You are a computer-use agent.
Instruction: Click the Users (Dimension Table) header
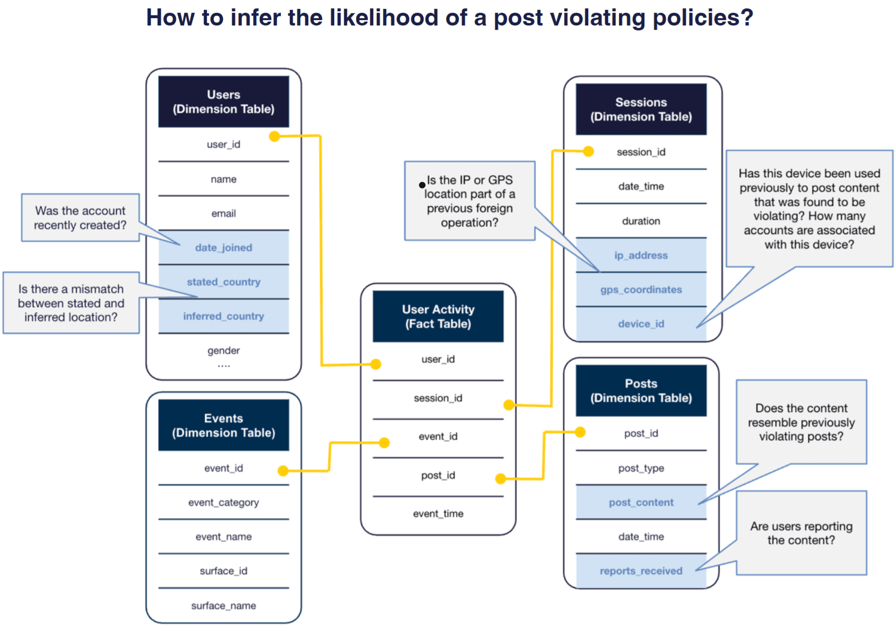(223, 102)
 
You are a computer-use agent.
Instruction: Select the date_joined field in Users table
(223, 248)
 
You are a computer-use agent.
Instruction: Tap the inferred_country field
(223, 316)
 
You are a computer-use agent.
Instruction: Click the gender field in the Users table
(223, 350)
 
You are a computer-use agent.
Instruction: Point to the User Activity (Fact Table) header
(438, 316)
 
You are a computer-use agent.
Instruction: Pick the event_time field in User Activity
(438, 514)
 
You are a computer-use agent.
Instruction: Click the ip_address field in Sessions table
(640, 255)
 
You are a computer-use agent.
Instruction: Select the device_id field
(640, 324)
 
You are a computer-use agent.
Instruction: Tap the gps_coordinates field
(640, 289)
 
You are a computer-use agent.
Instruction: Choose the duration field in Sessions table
(640, 221)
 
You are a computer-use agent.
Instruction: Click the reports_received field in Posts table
(640, 571)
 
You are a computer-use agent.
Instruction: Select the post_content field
(640, 502)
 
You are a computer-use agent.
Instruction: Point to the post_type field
(640, 468)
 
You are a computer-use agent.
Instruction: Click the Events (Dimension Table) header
(223, 425)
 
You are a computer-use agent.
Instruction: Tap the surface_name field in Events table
(223, 605)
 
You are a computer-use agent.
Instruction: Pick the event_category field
(223, 502)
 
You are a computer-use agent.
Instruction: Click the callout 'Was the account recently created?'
(80, 218)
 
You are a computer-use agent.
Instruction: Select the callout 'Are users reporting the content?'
(801, 533)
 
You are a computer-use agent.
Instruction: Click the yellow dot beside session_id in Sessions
(589, 151)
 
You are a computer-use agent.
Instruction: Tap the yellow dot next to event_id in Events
(283, 471)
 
